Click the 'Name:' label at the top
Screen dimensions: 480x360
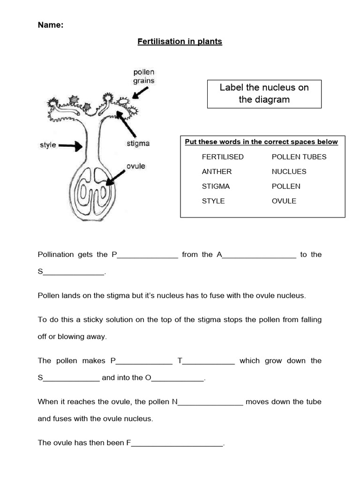(50, 25)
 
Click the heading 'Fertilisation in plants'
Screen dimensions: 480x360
(180, 42)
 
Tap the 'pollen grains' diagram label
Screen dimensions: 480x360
(144, 76)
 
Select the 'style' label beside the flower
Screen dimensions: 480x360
(48, 145)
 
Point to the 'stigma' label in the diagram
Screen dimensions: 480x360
(138, 143)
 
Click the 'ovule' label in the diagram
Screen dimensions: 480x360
(135, 166)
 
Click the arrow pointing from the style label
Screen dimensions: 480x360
(71, 146)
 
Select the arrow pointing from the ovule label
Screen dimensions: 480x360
(115, 178)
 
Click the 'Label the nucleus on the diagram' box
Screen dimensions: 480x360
(264, 94)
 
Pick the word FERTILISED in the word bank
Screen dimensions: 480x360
(223, 157)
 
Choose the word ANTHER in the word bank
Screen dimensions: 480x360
(217, 172)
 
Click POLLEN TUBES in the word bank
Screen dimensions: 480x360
(299, 157)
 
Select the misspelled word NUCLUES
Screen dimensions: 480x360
(289, 172)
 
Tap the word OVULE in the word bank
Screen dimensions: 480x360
(284, 201)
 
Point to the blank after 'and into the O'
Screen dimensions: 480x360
(178, 378)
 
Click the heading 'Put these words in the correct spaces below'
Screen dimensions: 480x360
(261, 142)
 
